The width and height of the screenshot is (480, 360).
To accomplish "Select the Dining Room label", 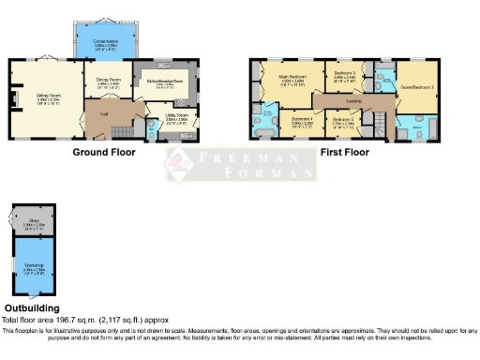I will coord(110,81).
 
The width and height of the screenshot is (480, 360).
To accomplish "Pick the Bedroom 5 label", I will coord(345,119).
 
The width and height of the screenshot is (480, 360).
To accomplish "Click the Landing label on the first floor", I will coord(354,99).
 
